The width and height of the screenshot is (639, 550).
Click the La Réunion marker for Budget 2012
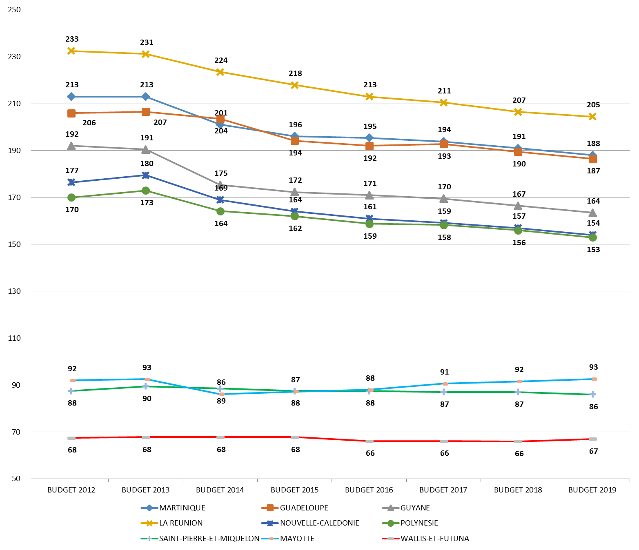[71, 51]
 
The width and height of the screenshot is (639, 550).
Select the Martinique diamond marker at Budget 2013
[146, 97]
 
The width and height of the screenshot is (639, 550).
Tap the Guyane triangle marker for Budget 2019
[592, 213]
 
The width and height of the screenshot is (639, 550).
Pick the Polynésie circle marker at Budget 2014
[220, 211]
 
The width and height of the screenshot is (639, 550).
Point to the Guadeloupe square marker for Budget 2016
[370, 146]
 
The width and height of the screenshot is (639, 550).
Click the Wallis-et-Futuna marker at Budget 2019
[592, 439]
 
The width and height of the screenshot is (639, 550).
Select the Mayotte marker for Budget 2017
[445, 384]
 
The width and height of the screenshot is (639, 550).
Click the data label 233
[72, 39]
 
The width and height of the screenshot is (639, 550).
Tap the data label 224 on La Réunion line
[221, 60]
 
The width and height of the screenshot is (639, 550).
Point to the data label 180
[147, 164]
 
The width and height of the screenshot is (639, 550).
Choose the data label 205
[593, 105]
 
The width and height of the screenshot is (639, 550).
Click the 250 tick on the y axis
[14, 10]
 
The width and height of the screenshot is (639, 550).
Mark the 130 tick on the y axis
[14, 291]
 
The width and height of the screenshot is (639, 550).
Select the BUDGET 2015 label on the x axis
[294, 490]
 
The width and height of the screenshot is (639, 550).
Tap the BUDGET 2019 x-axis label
[592, 490]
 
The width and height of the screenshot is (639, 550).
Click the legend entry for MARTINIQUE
[182, 508]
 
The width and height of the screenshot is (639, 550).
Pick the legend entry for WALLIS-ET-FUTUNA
[434, 539]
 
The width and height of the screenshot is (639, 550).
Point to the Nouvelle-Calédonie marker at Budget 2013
[146, 175]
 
